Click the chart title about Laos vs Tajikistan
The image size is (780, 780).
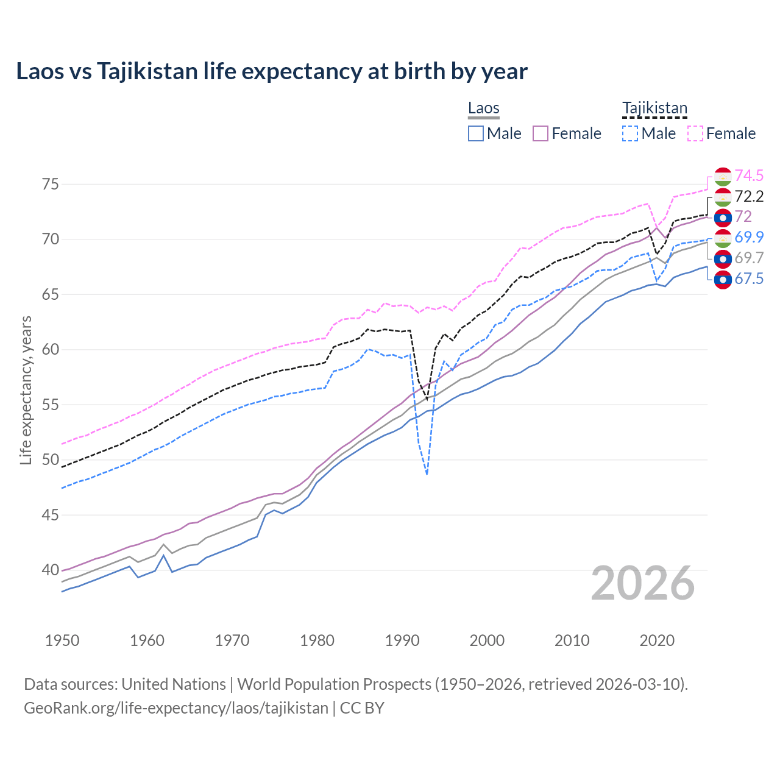tap(272, 71)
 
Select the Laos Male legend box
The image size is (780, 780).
tap(476, 133)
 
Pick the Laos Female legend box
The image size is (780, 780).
tap(541, 133)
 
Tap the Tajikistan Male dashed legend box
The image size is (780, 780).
tap(630, 133)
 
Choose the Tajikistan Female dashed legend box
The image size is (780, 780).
tap(695, 133)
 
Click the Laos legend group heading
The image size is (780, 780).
tap(483, 108)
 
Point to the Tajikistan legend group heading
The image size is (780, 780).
tap(654, 108)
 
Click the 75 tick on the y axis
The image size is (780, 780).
tap(51, 184)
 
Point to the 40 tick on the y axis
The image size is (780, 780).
tap(51, 570)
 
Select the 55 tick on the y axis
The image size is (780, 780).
tap(51, 405)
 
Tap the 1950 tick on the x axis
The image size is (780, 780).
tap(62, 640)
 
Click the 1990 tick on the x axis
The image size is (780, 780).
tap(402, 640)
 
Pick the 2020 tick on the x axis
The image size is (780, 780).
tap(657, 640)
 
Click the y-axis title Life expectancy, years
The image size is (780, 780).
tap(26, 390)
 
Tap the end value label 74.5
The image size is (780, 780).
tap(749, 176)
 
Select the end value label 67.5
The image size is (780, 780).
tap(749, 279)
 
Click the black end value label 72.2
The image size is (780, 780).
tap(749, 196)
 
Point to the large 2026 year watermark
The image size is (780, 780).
tap(642, 583)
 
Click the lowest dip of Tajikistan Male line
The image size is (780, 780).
tap(427, 473)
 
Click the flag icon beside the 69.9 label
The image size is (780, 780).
tap(723, 238)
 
